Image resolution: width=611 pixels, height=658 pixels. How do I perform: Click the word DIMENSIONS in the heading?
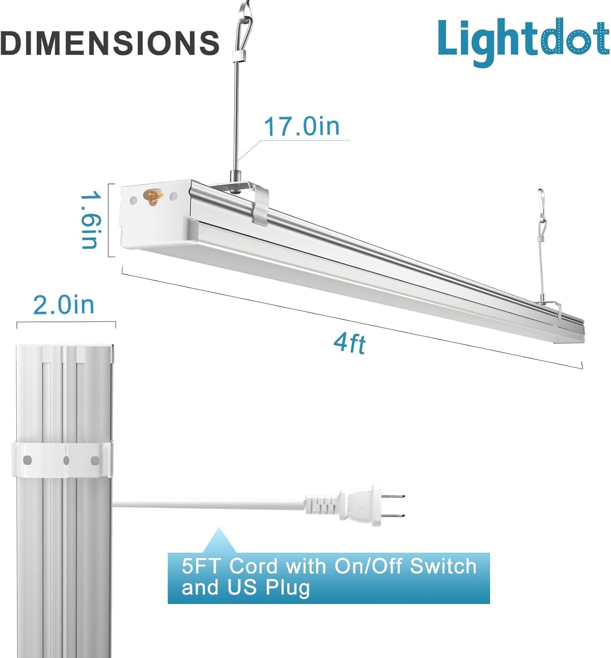[x=110, y=43]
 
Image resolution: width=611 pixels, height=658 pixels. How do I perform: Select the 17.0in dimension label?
[x=302, y=126]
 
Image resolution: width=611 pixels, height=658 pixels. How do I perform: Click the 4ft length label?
[x=349, y=343]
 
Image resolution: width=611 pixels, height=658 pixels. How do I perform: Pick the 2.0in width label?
[x=64, y=305]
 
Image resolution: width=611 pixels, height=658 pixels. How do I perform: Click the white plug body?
[x=364, y=506]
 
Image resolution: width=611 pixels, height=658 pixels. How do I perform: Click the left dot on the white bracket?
[x=27, y=460]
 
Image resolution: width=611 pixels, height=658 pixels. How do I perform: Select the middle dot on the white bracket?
[x=66, y=460]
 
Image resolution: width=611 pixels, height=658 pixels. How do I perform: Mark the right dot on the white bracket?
[x=95, y=460]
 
